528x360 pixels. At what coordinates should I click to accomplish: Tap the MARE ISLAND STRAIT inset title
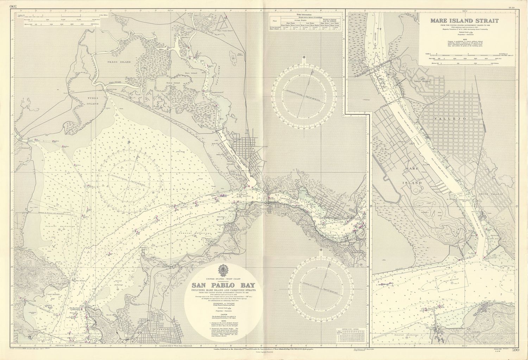coord(464,20)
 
